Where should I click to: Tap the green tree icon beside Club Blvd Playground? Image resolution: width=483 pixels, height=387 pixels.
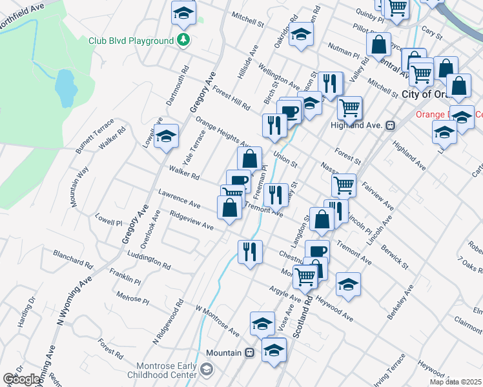tap(185, 40)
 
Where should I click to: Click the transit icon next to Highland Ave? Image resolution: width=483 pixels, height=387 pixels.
tap(390, 125)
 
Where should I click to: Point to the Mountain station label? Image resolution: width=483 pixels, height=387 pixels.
tap(223, 353)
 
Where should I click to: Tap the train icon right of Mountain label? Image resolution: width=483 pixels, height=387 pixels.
tap(248, 353)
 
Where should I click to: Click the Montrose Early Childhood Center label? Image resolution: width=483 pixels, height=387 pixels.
tap(163, 370)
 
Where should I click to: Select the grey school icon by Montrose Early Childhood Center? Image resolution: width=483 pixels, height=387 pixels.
tap(207, 369)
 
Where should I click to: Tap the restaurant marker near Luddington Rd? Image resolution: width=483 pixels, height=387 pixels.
tap(250, 252)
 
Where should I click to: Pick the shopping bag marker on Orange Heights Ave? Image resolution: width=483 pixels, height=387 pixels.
tap(249, 158)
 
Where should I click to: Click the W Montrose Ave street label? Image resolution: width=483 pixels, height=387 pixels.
tap(218, 322)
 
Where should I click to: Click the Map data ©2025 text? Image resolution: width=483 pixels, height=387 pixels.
tap(455, 381)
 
